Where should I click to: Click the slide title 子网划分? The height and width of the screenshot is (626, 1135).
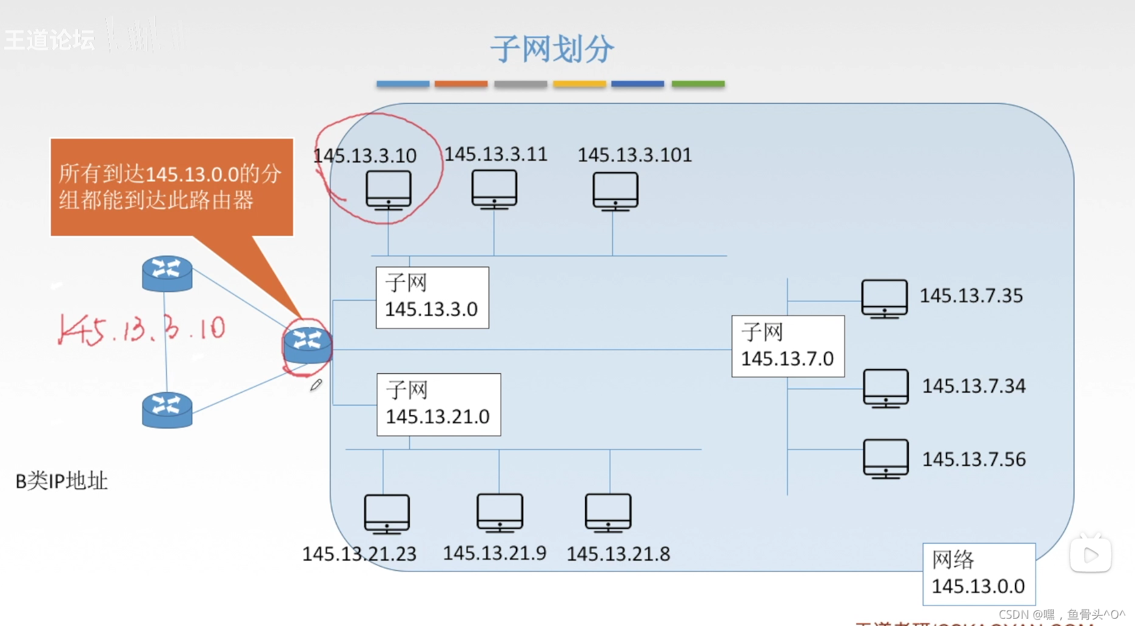[x=552, y=49]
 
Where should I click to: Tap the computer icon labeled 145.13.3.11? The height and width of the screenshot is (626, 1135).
[x=494, y=189]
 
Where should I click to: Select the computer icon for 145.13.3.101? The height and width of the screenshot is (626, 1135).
[x=615, y=191]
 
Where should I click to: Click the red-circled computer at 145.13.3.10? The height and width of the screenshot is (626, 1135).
[x=388, y=190]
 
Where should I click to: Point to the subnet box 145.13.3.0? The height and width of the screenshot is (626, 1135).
[x=432, y=297]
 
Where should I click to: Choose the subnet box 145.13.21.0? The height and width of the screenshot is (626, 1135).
[x=438, y=404]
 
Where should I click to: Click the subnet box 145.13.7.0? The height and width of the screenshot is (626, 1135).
[x=788, y=346]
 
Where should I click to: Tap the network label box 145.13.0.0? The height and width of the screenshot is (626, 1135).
[x=978, y=573]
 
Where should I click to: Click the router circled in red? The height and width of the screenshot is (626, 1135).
[x=307, y=345]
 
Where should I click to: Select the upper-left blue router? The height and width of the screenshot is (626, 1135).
[x=167, y=273]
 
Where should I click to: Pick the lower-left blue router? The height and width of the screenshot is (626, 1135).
[x=167, y=410]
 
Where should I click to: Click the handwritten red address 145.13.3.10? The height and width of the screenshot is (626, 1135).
[x=142, y=330]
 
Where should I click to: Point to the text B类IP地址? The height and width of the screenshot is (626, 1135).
[x=61, y=481]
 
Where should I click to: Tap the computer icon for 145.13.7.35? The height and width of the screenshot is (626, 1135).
[x=885, y=298]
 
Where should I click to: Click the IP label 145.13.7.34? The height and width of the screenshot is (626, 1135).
[x=974, y=386]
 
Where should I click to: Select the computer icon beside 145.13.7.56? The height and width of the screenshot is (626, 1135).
[x=886, y=459]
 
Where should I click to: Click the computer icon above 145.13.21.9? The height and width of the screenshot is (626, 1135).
[x=500, y=513]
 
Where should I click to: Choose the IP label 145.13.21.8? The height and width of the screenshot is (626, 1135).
[x=618, y=554]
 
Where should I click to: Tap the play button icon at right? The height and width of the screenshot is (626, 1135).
[x=1090, y=554]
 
